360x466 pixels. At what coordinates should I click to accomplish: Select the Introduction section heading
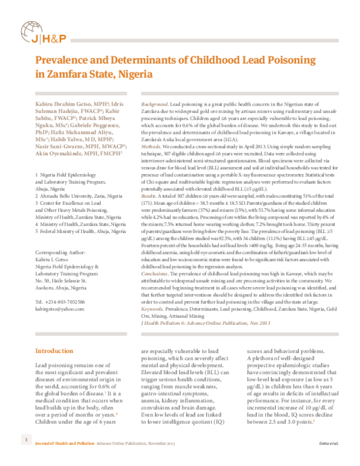54,351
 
